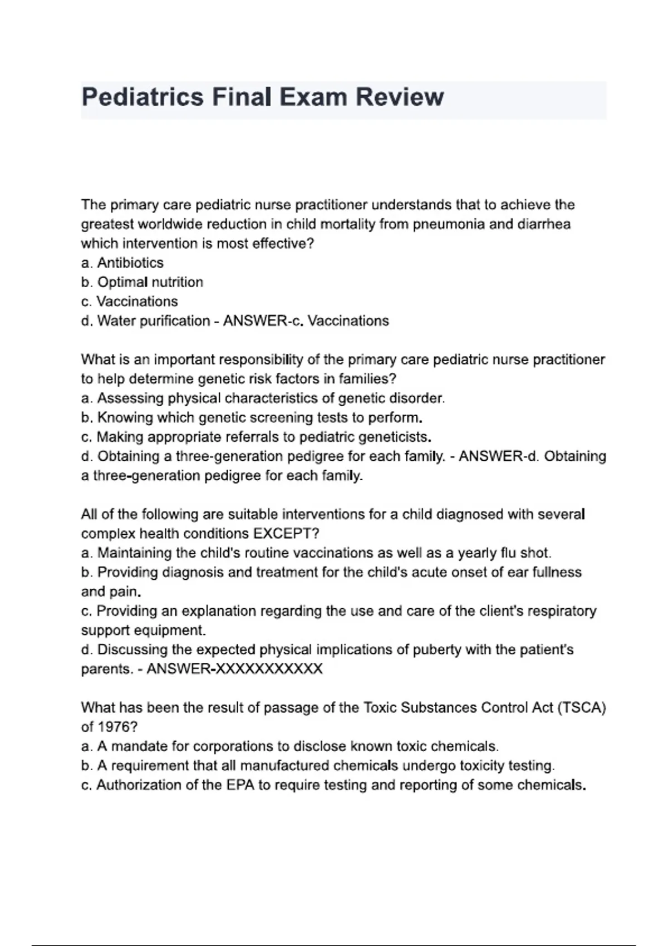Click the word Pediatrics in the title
143,97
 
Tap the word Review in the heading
400,97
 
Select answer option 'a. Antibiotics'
122,263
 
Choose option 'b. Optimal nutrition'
142,282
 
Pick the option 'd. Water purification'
145,321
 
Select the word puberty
436,650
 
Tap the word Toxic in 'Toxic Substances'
380,708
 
